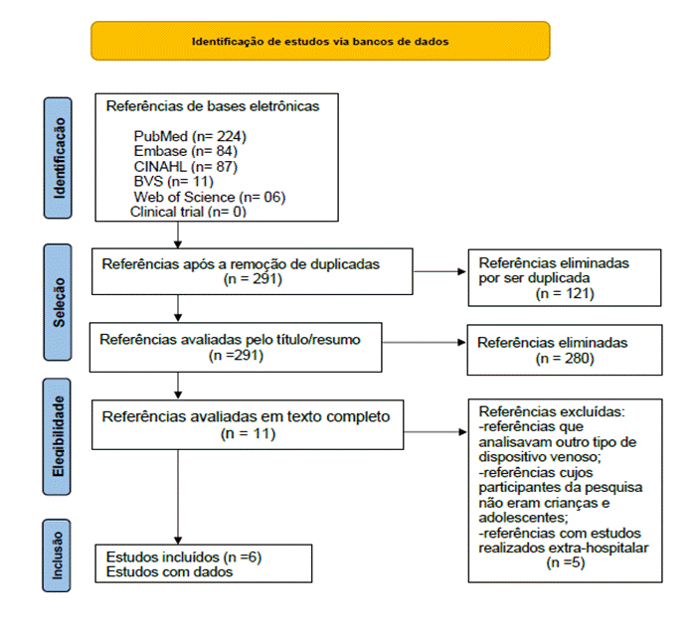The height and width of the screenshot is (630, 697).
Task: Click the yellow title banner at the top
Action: (319, 42)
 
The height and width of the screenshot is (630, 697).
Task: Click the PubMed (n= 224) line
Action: (189, 135)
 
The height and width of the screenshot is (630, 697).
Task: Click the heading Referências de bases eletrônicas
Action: (213, 106)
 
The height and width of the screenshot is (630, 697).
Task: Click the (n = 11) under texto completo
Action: (254, 433)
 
